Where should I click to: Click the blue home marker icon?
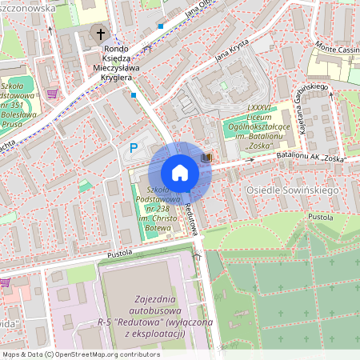[x=179, y=172]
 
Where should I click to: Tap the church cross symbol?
[x=101, y=34]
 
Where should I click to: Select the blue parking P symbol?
[x=134, y=147]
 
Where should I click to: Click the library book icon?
[x=207, y=158]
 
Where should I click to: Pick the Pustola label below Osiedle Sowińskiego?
[x=320, y=216]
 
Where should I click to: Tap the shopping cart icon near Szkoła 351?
[x=52, y=94]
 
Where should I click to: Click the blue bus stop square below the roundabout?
[x=134, y=95]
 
